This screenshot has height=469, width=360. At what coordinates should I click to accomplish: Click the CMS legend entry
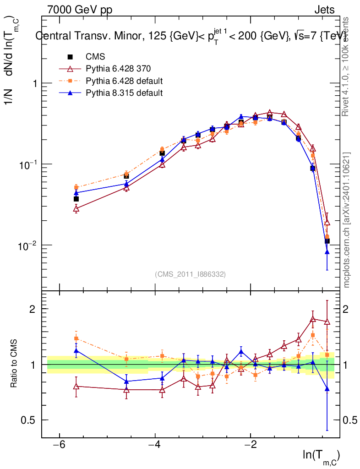point(95,57)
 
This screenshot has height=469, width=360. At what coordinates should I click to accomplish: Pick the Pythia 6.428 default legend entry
point(124,81)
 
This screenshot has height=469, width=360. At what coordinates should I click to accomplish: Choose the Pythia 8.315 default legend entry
point(124,93)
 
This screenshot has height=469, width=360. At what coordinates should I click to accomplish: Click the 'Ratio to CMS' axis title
point(15,364)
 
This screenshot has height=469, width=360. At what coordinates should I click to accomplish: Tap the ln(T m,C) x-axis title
point(321,456)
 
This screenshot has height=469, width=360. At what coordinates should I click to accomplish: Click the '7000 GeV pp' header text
point(80,10)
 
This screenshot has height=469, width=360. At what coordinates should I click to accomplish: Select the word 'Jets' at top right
point(324,10)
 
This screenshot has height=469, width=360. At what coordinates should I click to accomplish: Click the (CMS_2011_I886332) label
point(190,274)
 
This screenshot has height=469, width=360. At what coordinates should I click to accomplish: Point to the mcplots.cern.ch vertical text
point(347,220)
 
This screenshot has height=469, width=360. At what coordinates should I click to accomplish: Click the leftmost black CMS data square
point(76,199)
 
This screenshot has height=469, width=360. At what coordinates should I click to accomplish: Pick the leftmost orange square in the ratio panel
point(76,338)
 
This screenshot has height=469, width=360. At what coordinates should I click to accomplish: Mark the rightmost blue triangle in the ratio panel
point(327,389)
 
